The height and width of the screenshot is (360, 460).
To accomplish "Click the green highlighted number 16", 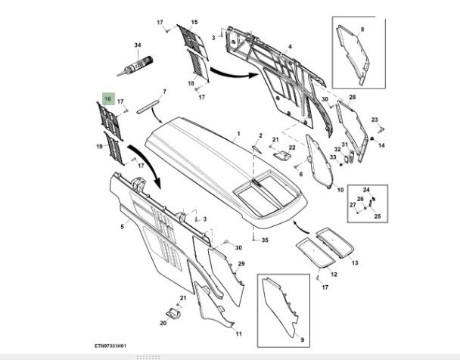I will (108, 99).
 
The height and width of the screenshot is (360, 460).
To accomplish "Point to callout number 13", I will (355, 262).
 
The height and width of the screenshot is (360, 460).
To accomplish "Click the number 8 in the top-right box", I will (362, 29).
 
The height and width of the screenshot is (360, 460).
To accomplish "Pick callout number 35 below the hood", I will (265, 241).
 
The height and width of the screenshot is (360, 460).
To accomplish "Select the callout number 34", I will (138, 45).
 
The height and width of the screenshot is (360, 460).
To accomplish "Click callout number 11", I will (238, 334).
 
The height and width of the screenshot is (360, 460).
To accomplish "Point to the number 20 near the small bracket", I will (163, 323).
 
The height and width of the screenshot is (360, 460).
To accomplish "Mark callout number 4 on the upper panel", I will (290, 47).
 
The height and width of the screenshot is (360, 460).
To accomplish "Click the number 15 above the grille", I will (194, 23).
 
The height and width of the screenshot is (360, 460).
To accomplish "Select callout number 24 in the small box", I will (365, 190).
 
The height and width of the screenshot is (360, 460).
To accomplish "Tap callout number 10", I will (340, 189).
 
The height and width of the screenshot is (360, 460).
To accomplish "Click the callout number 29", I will (241, 263).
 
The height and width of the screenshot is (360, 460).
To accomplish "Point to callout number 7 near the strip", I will (163, 92).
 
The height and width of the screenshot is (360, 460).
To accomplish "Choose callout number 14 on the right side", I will (381, 145).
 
